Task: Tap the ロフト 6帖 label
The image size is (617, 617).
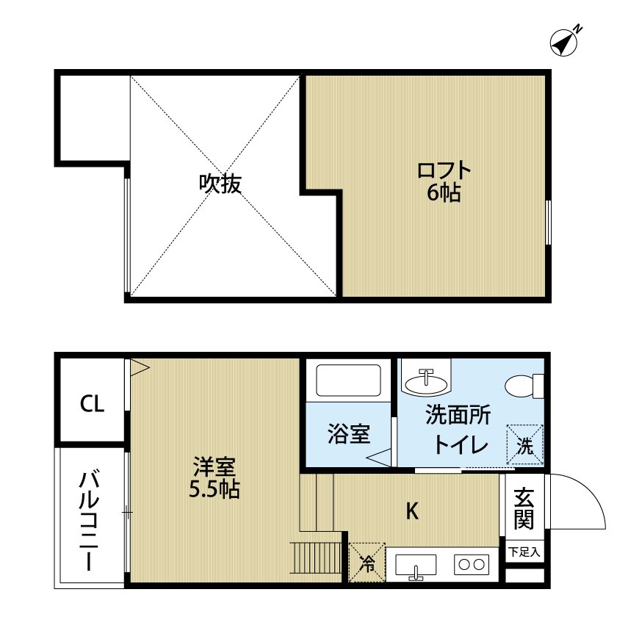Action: [x=444, y=181]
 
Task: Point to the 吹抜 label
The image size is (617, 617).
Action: [x=220, y=184]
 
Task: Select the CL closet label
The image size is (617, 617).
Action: [x=92, y=403]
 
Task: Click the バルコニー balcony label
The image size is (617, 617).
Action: [x=90, y=522]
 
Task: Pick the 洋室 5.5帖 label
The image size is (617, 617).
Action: [x=214, y=477]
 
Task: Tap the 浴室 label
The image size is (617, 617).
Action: [x=348, y=433]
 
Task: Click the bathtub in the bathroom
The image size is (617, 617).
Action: [x=348, y=380]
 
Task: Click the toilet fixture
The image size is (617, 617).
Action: [x=524, y=385]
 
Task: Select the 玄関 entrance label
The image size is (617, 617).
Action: [x=524, y=508]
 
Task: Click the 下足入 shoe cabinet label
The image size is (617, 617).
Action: [x=524, y=551]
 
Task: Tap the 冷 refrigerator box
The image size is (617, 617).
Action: [x=367, y=563]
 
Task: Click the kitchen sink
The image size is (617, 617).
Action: [x=416, y=566]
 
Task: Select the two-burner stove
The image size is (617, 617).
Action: [x=471, y=565]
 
